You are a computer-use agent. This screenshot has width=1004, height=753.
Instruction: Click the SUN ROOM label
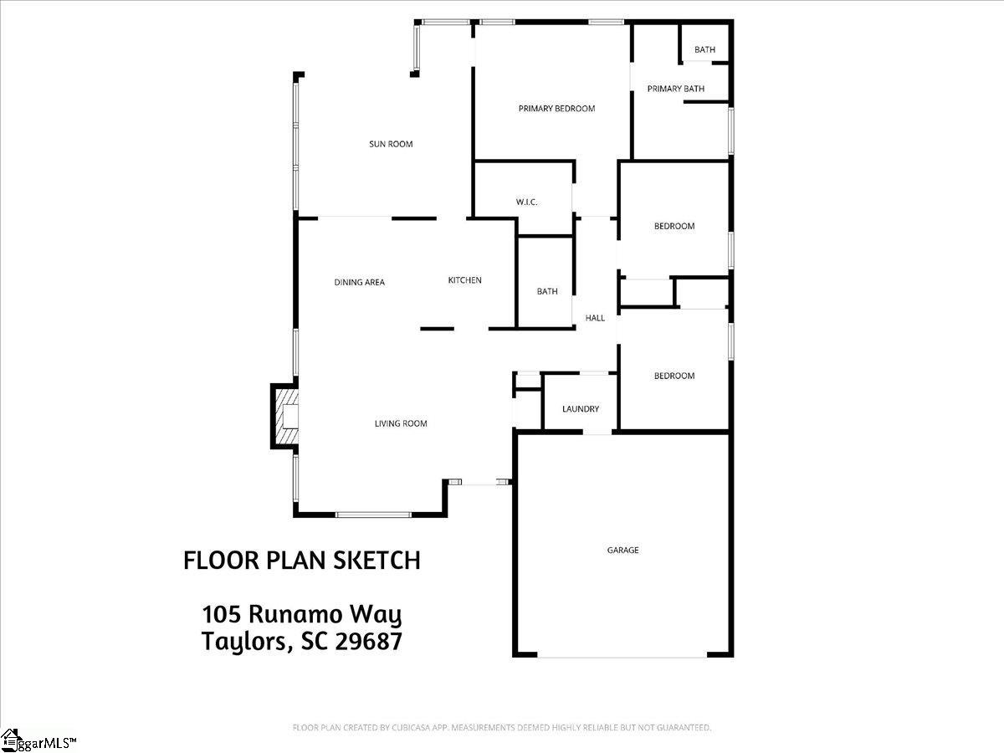pos(391,144)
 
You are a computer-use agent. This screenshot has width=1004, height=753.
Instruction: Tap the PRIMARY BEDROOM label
pos(556,109)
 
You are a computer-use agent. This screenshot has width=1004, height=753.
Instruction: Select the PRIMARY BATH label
pos(675,89)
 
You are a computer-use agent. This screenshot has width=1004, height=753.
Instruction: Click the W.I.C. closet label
pos(526,202)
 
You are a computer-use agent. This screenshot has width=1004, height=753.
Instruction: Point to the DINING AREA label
pos(359,282)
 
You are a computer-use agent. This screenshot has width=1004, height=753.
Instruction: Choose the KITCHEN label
pos(464,280)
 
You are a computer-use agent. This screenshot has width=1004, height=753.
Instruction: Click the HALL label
pos(595,318)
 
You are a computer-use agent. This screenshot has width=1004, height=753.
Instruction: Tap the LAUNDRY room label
pos(580,409)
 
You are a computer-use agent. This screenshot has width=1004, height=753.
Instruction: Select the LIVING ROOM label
pos(400,423)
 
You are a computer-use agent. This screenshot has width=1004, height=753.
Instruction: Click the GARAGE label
pos(622,550)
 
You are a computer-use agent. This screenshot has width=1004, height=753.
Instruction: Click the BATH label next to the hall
pos(547,291)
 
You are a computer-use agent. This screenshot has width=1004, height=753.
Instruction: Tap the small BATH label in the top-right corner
pos(704,49)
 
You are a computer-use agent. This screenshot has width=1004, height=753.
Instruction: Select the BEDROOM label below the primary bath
pos(674,226)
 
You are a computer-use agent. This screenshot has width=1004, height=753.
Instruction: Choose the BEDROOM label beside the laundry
pos(674,376)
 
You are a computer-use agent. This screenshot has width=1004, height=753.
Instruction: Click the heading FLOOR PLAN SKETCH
pos(301,561)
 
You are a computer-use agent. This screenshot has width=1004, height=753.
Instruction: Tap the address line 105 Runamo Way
pos(301,616)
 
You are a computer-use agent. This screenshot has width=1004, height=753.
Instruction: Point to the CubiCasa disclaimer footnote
pos(501,728)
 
